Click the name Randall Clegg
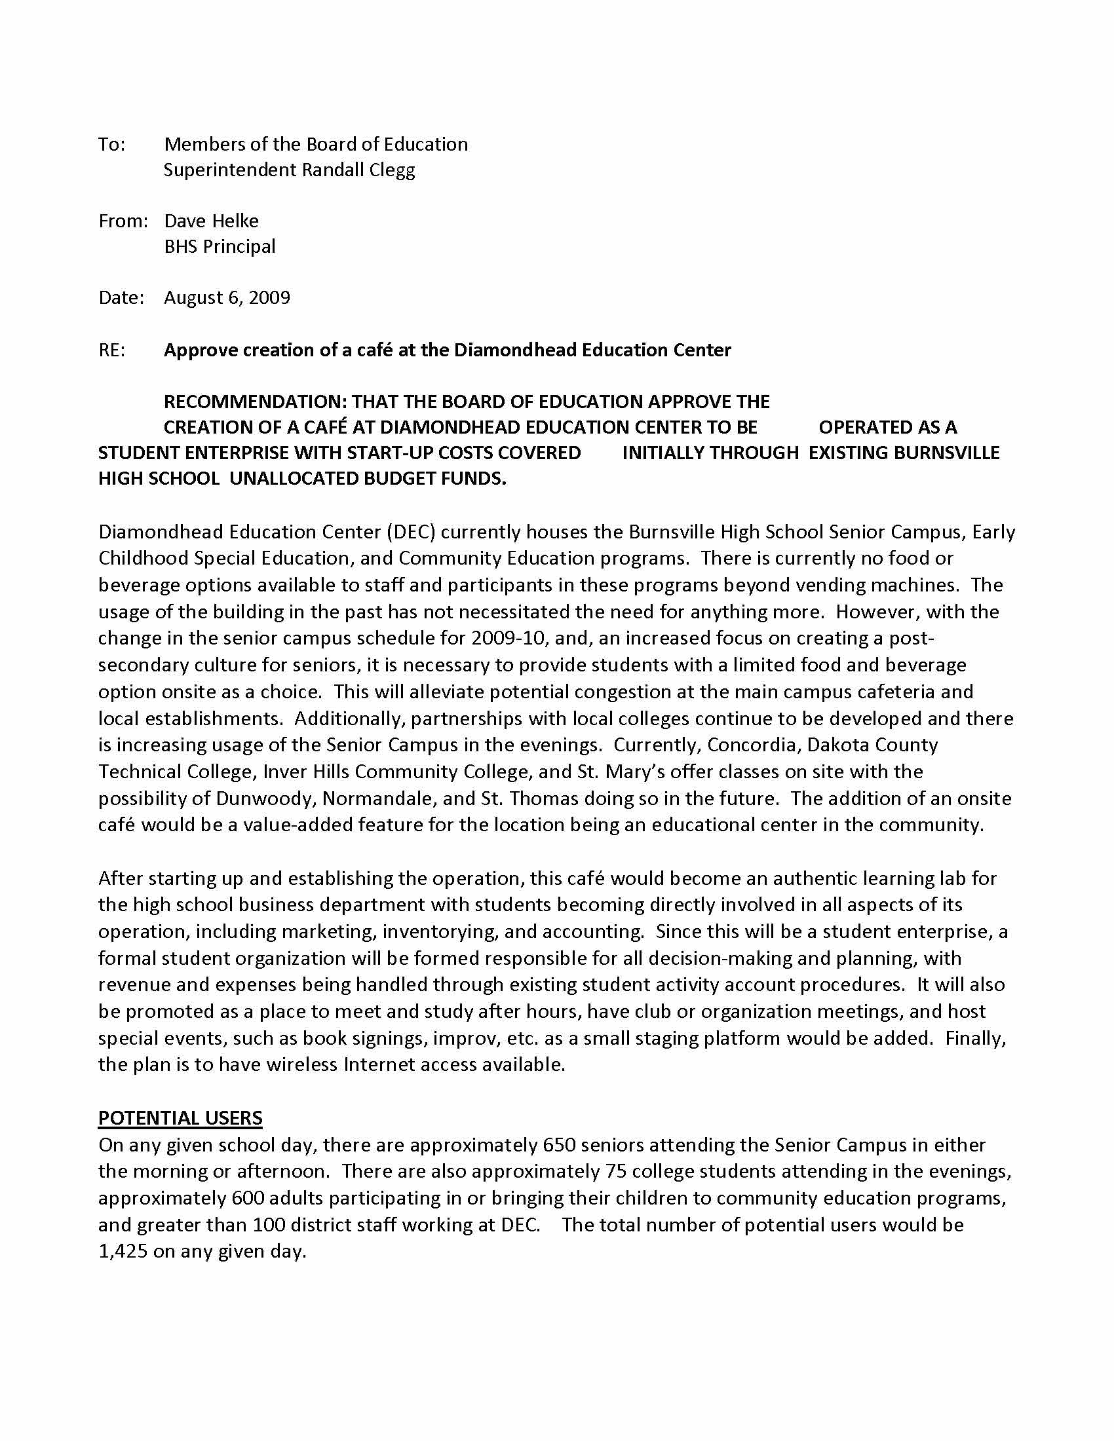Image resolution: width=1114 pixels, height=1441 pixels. [358, 170]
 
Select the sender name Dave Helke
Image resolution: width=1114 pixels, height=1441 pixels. [211, 220]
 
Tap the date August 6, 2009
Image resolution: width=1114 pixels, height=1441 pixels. [227, 297]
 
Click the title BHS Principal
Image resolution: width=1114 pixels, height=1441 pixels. [220, 246]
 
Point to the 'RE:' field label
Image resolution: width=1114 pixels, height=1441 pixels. [111, 350]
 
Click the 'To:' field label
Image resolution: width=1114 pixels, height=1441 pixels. [111, 145]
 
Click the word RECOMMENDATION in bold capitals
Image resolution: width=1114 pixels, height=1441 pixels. [255, 402]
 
